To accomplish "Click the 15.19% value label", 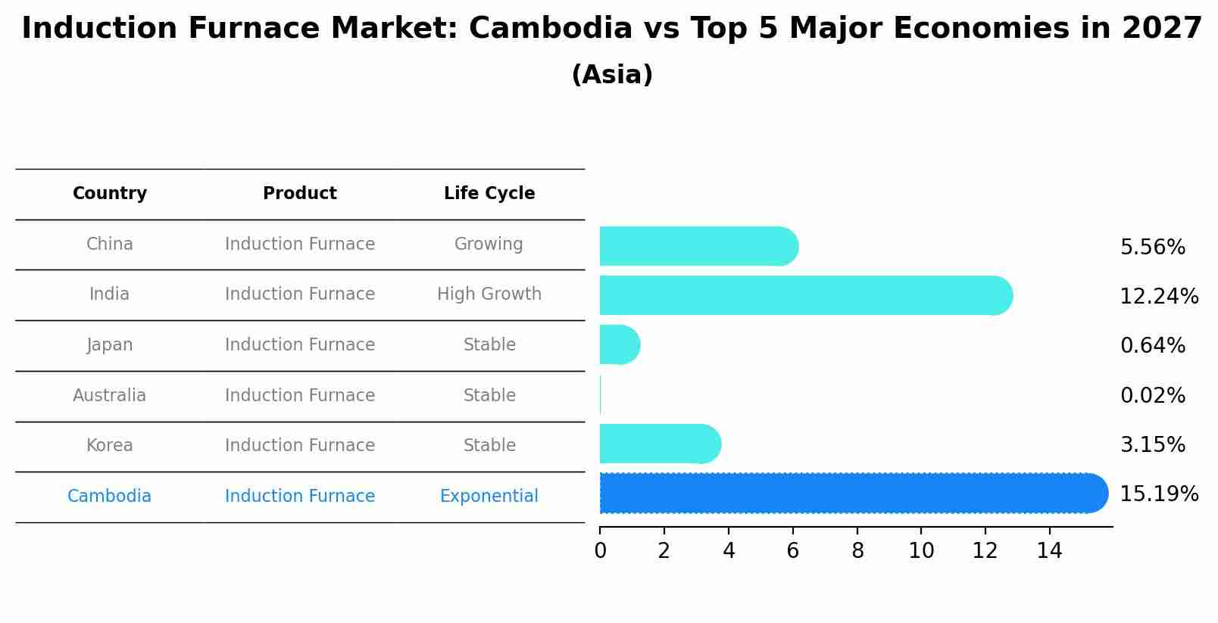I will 1159,494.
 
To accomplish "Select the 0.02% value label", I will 1152,395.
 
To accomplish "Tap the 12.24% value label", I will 1159,297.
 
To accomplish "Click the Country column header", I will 110,194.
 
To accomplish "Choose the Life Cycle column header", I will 489,194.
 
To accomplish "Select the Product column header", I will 300,194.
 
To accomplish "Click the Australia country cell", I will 110,395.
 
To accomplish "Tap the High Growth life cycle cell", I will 489,294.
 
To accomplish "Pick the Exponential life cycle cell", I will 489,496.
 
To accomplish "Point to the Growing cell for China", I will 489,244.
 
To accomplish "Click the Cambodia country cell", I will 110,496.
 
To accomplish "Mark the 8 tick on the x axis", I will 857,550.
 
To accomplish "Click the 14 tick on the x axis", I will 1050,550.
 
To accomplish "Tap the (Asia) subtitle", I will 612,75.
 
